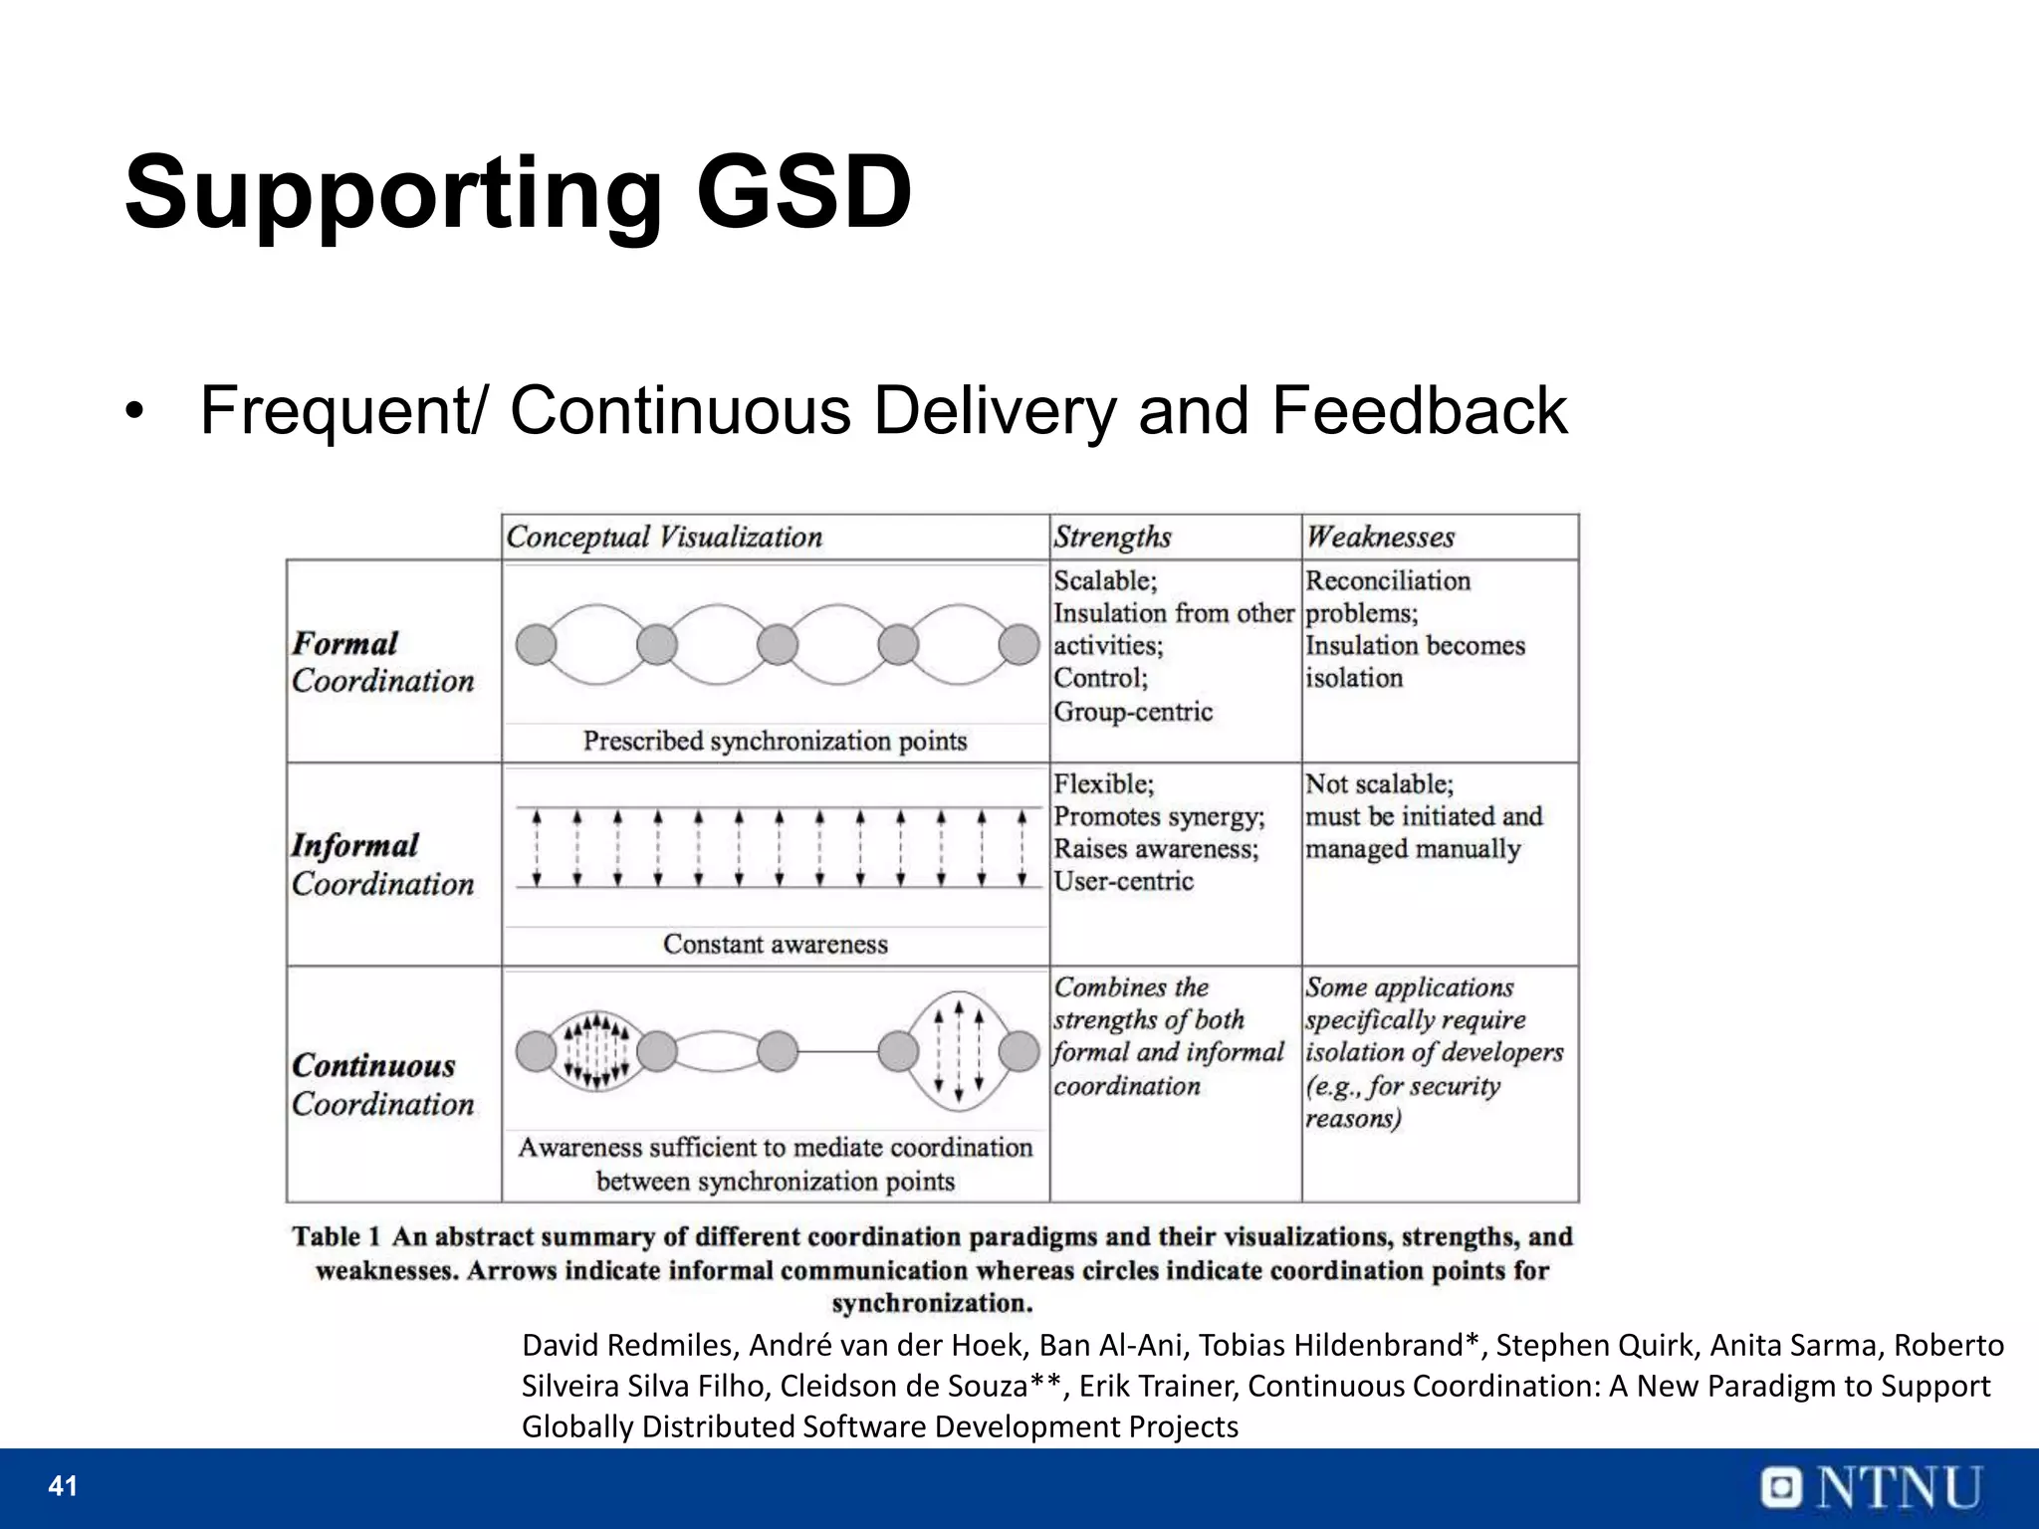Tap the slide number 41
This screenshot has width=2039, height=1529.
click(x=63, y=1486)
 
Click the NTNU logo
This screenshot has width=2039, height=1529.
click(x=1871, y=1488)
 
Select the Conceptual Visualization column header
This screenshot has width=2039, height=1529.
click(x=664, y=538)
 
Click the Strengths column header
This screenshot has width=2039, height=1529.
click(x=1112, y=538)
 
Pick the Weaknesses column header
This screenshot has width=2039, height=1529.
click(x=1380, y=538)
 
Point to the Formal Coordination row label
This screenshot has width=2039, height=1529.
click(x=383, y=662)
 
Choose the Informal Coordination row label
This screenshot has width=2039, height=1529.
click(x=383, y=864)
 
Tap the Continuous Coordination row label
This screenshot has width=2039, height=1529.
click(x=383, y=1084)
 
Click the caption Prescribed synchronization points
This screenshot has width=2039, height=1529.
click(x=775, y=741)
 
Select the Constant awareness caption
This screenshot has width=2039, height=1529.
click(x=775, y=944)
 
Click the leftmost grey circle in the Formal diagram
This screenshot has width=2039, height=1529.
click(x=537, y=644)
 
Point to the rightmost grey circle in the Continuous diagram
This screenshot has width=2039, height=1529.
click(x=1019, y=1051)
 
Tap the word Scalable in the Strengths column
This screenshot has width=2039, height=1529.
click(x=1102, y=580)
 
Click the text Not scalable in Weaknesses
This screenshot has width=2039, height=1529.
click(x=1378, y=784)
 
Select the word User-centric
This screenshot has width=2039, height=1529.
click(x=1123, y=881)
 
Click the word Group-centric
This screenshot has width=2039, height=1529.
click(x=1133, y=712)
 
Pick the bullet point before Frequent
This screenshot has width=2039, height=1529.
click(x=136, y=412)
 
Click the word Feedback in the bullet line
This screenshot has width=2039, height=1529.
click(x=1419, y=410)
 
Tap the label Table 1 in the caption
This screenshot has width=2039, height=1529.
click(x=336, y=1237)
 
